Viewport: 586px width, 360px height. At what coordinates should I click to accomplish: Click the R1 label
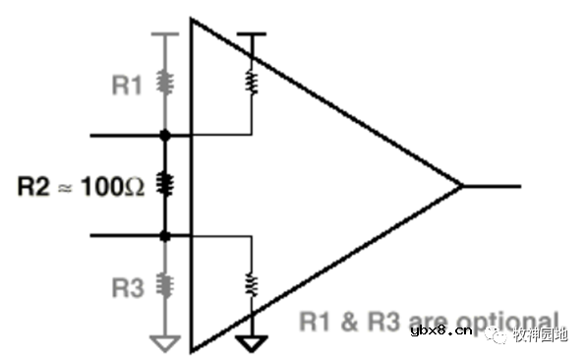[127, 86]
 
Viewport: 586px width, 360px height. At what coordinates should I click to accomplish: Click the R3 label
[127, 287]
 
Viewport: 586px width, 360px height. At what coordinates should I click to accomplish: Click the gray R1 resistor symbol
[165, 86]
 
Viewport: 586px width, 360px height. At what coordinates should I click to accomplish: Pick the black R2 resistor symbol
[165, 184]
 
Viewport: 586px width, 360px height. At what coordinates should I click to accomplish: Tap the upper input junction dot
[165, 134]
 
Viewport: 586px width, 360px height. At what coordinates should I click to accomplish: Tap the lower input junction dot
[165, 236]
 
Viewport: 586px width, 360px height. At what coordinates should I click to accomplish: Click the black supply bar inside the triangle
[252, 35]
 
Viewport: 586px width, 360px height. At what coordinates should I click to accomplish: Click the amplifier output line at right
[492, 185]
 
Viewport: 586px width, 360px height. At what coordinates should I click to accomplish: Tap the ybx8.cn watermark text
[439, 333]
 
